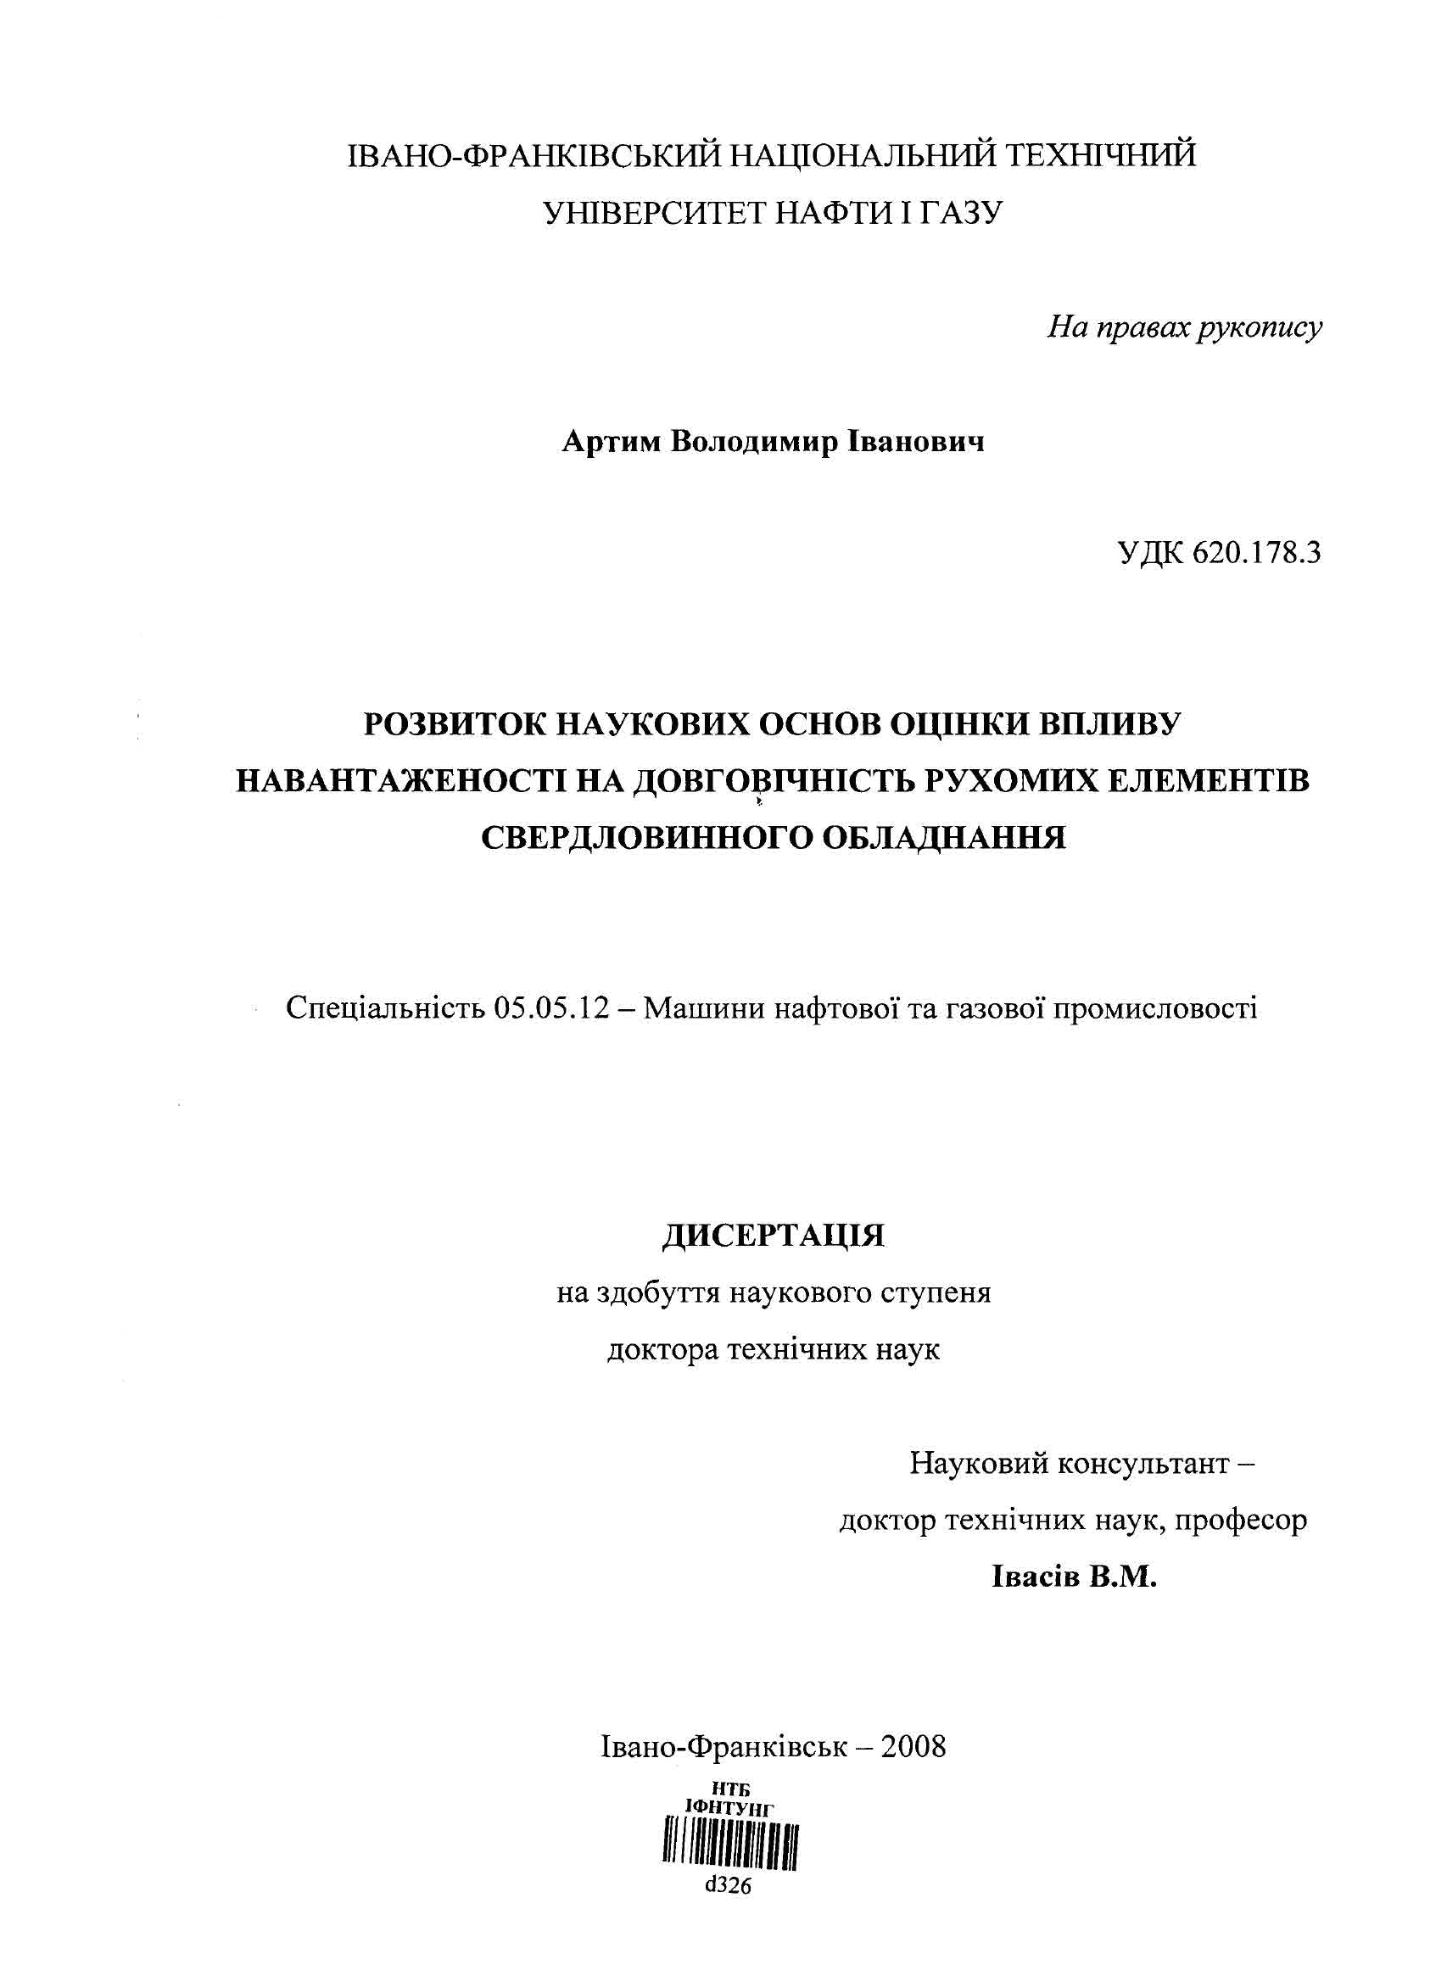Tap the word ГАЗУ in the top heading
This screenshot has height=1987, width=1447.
(961, 212)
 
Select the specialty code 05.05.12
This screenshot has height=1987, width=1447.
(550, 1009)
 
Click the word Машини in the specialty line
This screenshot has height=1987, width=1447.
(694, 1009)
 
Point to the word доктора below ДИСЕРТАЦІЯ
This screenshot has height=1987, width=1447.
(662, 1349)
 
